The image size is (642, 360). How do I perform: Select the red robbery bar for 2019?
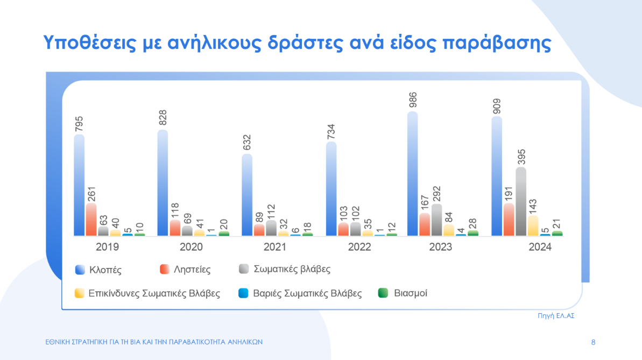tap(91, 220)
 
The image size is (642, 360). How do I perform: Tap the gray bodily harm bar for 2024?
tap(520, 202)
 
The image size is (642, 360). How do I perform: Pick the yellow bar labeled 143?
tap(533, 226)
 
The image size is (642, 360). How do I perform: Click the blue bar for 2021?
tap(247, 195)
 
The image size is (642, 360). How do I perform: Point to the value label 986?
tap(413, 101)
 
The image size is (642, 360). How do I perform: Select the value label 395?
tap(521, 157)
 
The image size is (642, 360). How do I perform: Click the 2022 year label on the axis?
tap(359, 247)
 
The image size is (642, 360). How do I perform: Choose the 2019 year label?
tap(107, 247)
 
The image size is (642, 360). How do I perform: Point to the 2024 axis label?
tap(540, 247)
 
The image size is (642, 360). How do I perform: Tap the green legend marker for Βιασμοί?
tap(383, 293)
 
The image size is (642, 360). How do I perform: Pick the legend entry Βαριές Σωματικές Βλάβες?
tap(307, 293)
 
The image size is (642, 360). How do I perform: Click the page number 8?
tap(593, 342)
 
